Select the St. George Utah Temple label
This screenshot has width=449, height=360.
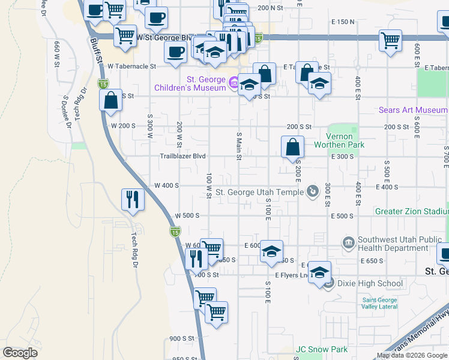coord(259,192)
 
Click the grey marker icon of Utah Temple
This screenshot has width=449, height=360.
coord(312,192)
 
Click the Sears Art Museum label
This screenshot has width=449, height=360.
coord(412,110)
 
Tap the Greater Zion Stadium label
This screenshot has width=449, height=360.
coord(411,211)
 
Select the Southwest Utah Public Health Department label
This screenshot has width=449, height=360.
coord(401,243)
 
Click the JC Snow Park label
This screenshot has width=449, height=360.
coord(321,349)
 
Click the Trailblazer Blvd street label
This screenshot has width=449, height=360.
coord(183,156)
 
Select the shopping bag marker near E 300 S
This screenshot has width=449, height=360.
coord(292,147)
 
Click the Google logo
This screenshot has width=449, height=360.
coord(20,352)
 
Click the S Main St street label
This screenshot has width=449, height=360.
coord(238,146)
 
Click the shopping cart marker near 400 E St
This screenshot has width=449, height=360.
coord(391,41)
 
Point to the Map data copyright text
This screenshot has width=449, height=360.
coord(411,355)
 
